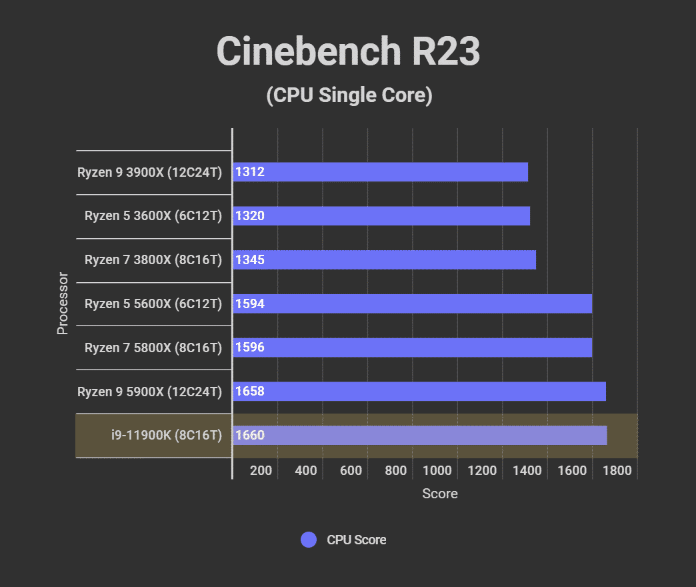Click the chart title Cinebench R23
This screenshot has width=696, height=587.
(348, 52)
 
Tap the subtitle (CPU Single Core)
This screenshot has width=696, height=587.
(349, 95)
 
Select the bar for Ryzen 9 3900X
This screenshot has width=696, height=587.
(380, 172)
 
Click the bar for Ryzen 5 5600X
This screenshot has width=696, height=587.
(412, 304)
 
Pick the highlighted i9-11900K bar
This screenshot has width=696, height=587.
(420, 436)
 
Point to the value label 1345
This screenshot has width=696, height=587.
(250, 260)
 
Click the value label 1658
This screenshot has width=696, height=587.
(250, 392)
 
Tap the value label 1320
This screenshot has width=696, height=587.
(250, 216)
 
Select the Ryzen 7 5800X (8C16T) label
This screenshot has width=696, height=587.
(153, 348)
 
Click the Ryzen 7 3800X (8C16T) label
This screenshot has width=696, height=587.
(153, 260)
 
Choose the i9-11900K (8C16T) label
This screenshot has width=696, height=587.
(166, 436)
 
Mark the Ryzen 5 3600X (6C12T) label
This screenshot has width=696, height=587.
(153, 216)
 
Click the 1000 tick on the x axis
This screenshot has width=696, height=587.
(437, 470)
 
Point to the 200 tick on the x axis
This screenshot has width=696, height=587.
(261, 470)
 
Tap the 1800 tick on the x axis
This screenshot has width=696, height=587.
(617, 470)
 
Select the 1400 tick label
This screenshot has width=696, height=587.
(527, 470)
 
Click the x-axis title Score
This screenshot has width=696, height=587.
(440, 494)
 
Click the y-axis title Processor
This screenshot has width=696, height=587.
(63, 304)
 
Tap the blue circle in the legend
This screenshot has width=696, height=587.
(309, 540)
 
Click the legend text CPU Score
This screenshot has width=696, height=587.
(356, 540)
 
